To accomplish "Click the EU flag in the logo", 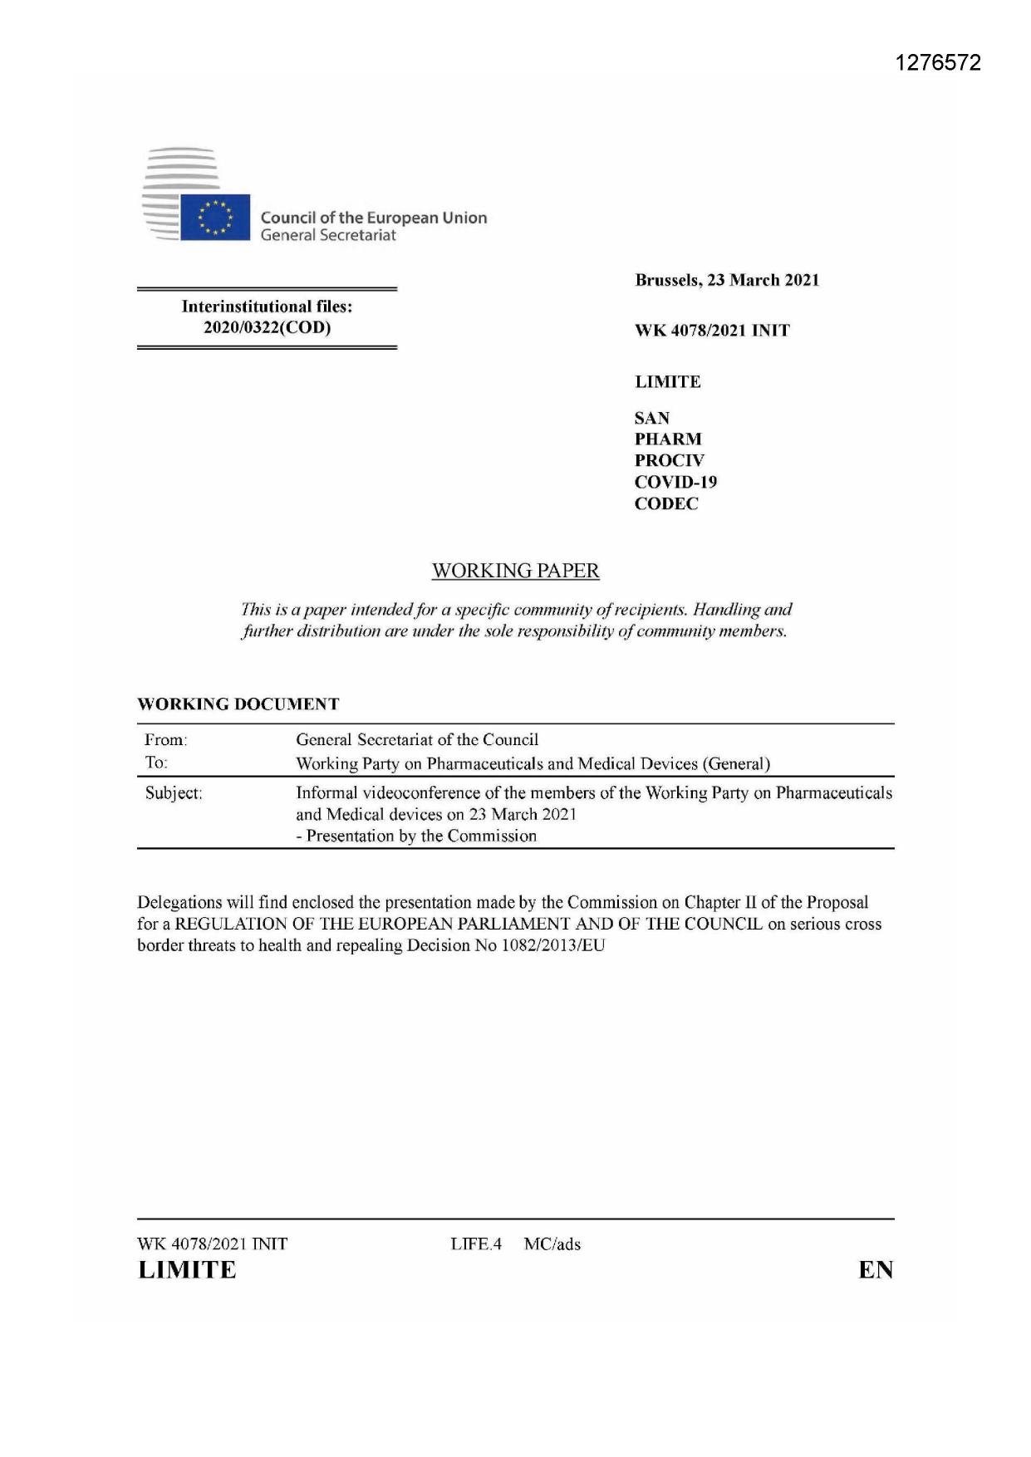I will tap(215, 217).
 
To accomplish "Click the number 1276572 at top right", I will tap(939, 63).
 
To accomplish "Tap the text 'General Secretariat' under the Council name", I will tap(328, 236).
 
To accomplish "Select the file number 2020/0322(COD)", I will tap(267, 327).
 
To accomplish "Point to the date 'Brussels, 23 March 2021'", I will tap(727, 280).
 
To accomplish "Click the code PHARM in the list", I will tap(668, 439).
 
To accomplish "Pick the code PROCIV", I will tap(669, 460).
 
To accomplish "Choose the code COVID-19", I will tap(675, 482).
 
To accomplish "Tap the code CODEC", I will tap(666, 503).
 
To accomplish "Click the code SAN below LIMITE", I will tap(652, 418).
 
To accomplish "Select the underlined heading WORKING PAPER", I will tap(515, 571).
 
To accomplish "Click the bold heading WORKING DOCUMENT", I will tap(238, 704).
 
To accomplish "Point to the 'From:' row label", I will tap(166, 739).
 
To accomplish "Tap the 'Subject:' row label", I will tap(174, 793).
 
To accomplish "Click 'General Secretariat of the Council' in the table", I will tap(417, 739).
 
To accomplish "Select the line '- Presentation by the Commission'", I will tap(416, 836).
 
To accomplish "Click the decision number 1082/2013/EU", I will tap(553, 945).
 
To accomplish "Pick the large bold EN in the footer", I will tap(876, 1270).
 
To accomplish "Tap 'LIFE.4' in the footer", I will tap(476, 1244).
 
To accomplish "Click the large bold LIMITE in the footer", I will tap(187, 1270).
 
